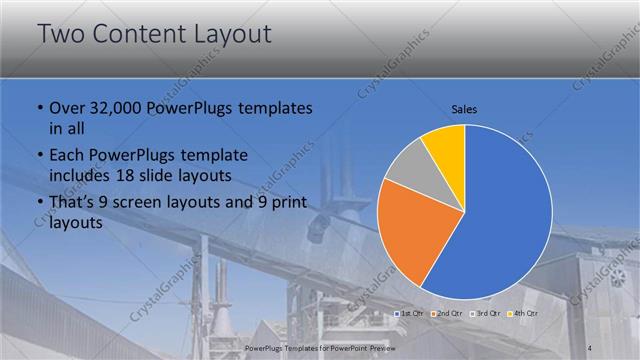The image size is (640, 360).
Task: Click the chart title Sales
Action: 464,107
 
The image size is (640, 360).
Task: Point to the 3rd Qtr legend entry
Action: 484,314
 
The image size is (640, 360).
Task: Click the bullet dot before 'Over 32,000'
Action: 39,109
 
